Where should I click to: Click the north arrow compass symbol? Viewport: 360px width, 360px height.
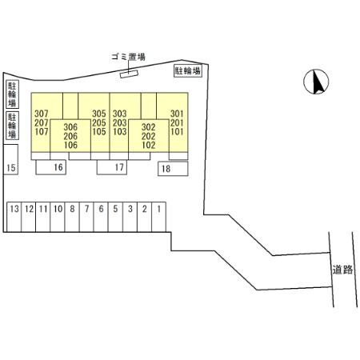tap(316, 82)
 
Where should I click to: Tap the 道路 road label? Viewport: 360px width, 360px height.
tap(342, 270)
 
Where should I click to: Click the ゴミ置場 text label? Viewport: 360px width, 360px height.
tap(128, 57)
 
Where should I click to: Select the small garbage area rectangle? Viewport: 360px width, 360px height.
tap(129, 74)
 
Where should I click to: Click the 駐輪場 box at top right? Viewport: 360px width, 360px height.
tap(188, 70)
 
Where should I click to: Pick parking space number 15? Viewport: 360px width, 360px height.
tap(10, 159)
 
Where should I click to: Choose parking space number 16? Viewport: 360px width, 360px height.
tap(51, 167)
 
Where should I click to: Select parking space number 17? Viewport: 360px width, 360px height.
tap(112, 167)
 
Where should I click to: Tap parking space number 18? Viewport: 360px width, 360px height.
tap(173, 168)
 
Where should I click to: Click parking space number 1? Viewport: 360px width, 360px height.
tap(159, 217)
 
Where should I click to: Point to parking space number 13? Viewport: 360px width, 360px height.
tap(14, 217)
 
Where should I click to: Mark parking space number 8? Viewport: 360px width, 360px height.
tap(72, 217)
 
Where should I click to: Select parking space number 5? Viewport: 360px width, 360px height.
tap(115, 217)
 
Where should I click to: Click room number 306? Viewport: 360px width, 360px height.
tap(70, 127)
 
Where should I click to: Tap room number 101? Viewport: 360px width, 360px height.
tap(177, 131)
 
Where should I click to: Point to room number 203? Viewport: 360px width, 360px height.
tap(119, 122)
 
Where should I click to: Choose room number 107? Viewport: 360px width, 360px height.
tap(42, 131)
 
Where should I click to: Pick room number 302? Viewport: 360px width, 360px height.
tap(148, 127)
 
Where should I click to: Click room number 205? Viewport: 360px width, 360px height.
tap(99, 122)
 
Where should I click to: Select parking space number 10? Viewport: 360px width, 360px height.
tap(58, 217)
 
